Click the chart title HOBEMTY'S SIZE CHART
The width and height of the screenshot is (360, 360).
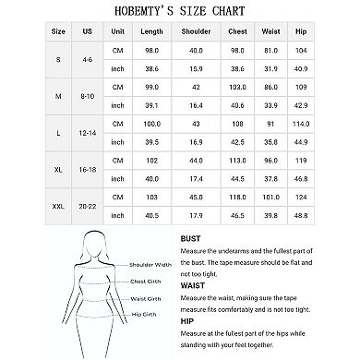pos(180,11)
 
